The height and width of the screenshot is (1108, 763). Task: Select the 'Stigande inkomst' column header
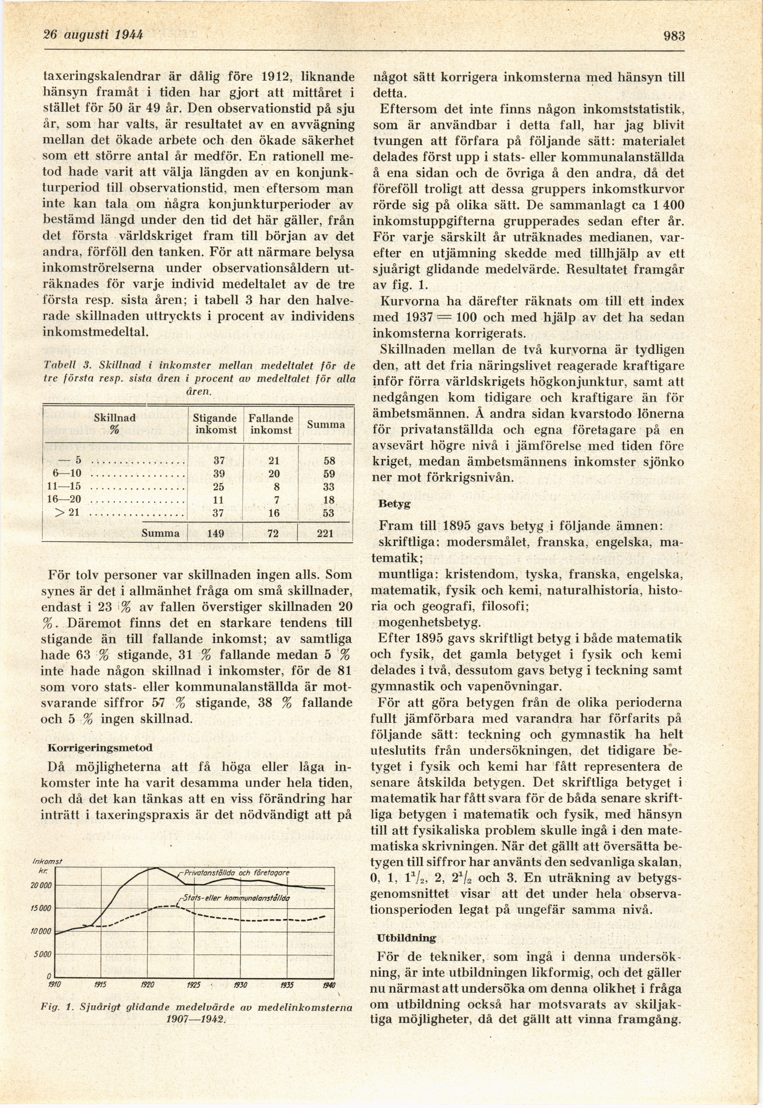click(x=215, y=423)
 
